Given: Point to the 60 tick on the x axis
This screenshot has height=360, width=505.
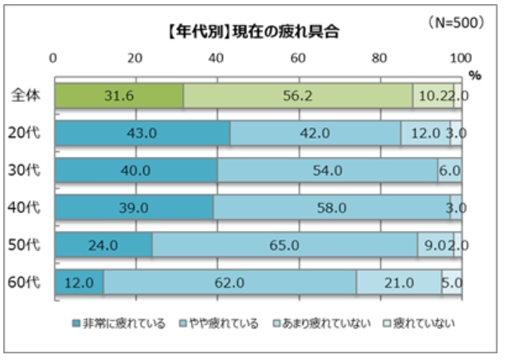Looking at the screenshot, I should pyautogui.click(x=298, y=59).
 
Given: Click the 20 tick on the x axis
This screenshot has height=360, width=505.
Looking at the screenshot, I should pyautogui.click(x=135, y=59).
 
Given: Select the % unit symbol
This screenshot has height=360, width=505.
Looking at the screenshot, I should pyautogui.click(x=474, y=75).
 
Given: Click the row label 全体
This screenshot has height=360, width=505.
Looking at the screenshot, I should pyautogui.click(x=27, y=96).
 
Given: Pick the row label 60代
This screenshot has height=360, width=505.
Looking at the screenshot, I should pyautogui.click(x=27, y=283).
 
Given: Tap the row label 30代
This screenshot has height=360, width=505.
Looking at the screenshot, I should pyautogui.click(x=27, y=170).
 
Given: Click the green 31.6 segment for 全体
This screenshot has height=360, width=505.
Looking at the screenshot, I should pyautogui.click(x=118, y=96).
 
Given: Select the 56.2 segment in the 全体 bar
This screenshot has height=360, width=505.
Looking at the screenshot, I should pyautogui.click(x=297, y=96).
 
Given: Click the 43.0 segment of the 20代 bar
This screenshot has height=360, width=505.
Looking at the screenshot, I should pyautogui.click(x=141, y=133).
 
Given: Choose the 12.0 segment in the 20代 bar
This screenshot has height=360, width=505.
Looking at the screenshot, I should pyautogui.click(x=425, y=133).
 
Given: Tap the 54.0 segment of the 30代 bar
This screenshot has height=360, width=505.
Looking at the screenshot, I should pyautogui.click(x=327, y=170).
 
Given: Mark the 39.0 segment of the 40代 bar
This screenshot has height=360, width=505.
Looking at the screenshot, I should pyautogui.click(x=133, y=208).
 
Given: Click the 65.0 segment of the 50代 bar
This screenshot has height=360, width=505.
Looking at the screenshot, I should pyautogui.click(x=285, y=245).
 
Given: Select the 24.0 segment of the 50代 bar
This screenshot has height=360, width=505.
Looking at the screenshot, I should pyautogui.click(x=103, y=245).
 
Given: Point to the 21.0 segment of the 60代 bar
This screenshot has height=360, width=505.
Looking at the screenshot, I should pyautogui.click(x=399, y=283).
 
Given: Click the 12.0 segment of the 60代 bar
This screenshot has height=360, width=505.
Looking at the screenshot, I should pyautogui.click(x=78, y=283).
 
